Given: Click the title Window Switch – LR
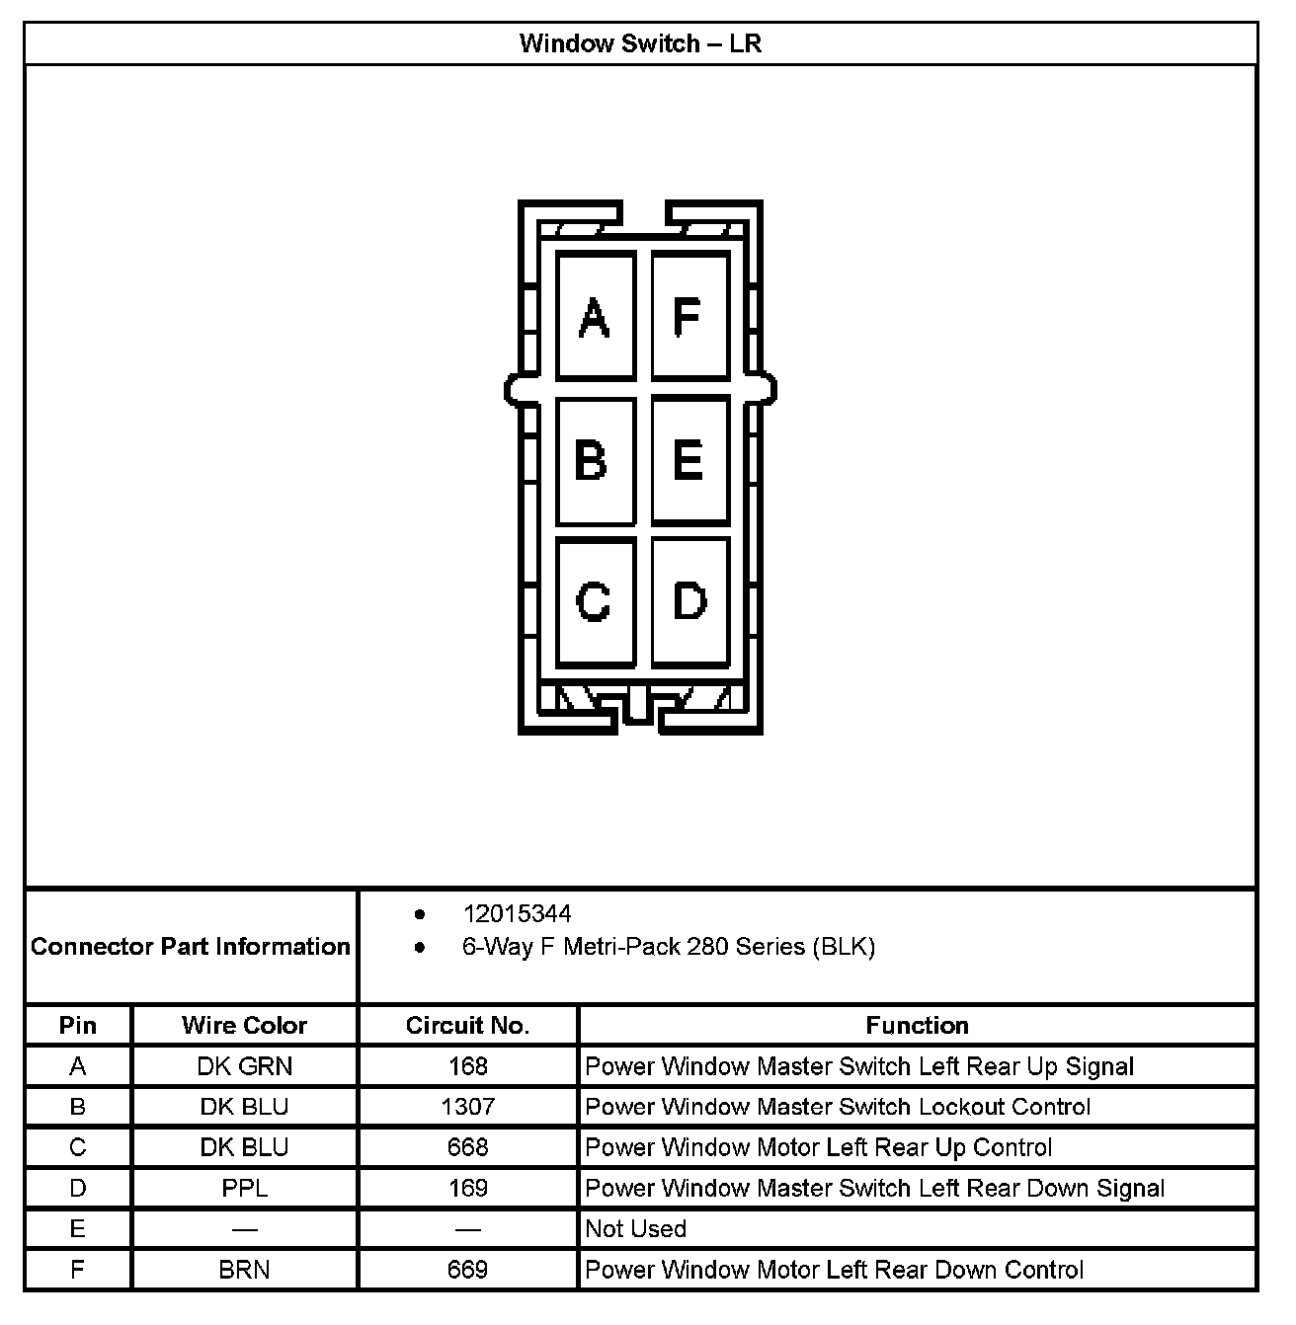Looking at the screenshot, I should point(640,43).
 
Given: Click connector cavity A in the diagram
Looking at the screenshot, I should point(595,316).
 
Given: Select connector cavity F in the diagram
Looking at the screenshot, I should point(689,316).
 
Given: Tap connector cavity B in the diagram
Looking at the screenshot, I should point(595,460).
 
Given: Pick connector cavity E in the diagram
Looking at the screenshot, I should point(689,460).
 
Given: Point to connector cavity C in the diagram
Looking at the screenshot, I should point(595,600).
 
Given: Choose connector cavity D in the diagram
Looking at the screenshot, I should point(689,600).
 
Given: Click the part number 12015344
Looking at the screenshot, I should point(517,913).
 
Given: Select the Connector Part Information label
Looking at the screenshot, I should point(191,946).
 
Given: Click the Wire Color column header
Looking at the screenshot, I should point(244,1025).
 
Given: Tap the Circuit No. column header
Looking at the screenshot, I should point(467,1025).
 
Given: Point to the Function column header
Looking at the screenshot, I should point(917,1025).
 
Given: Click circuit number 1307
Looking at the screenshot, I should point(467,1106).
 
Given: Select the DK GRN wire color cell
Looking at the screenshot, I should point(244,1066).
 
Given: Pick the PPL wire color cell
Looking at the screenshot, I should point(244,1188).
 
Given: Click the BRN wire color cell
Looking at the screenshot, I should point(244,1270).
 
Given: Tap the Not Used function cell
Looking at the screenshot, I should point(635,1228).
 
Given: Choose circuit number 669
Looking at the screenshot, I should point(467,1270).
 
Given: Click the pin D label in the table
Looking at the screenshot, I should point(77,1188).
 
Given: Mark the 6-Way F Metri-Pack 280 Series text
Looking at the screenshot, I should point(668,947).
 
